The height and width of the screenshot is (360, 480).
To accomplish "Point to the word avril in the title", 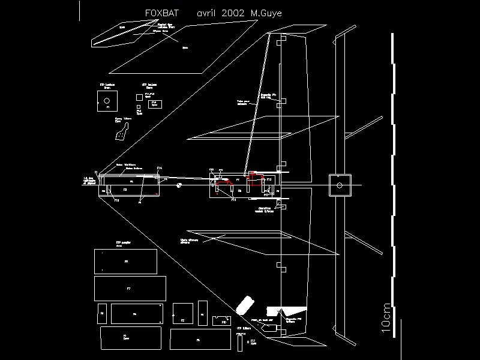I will point(206,13).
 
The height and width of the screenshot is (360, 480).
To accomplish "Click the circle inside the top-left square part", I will point(107,100).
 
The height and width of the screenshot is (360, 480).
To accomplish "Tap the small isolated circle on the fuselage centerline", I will point(179,185).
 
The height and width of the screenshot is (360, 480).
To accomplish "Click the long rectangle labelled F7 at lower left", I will point(128,289).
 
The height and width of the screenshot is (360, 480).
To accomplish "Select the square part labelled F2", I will point(182,313).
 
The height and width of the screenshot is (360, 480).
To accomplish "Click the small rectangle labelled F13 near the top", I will point(154,103).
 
